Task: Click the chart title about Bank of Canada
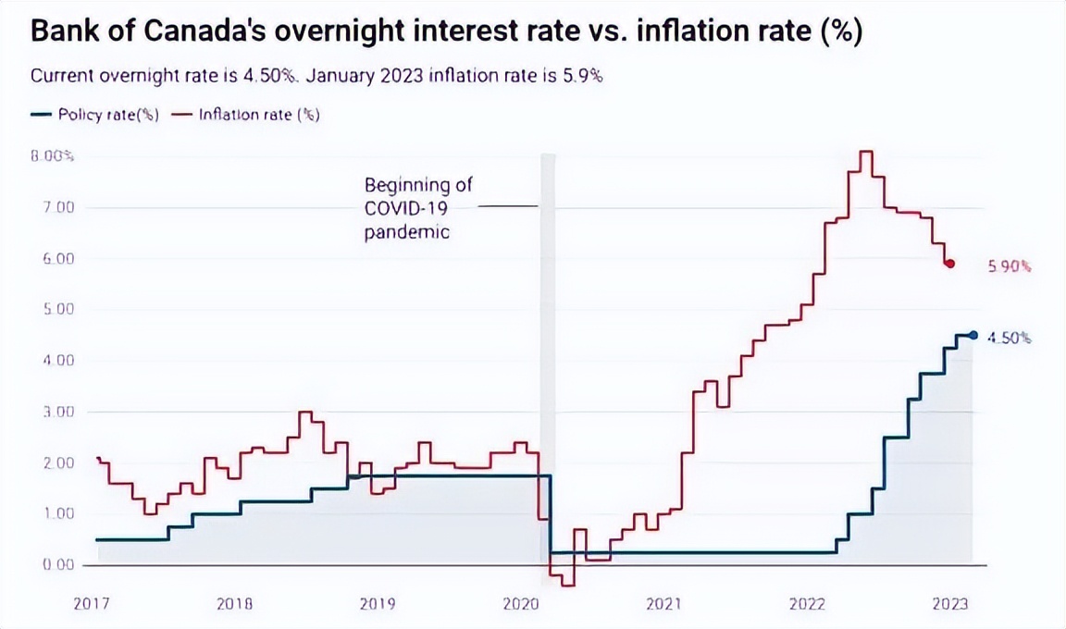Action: [447, 32]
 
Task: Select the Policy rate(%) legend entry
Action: [95, 116]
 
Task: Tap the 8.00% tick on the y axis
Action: [52, 156]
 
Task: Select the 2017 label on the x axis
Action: [92, 604]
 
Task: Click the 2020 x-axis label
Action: [521, 604]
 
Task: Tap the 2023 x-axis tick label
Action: [950, 604]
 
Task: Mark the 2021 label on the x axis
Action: [664, 604]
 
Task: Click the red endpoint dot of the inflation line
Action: [949, 265]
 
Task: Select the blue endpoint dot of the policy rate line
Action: [972, 336]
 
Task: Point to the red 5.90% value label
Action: [1010, 266]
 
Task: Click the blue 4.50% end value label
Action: [1010, 339]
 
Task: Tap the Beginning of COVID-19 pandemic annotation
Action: [417, 208]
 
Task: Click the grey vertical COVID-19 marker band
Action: [547, 370]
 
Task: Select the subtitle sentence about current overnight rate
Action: [316, 76]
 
